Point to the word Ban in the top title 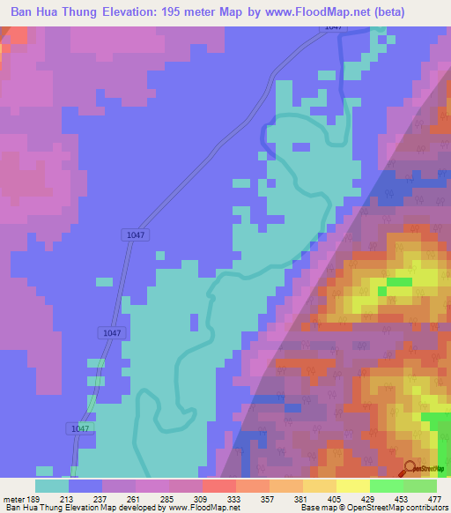pyautogui.click(x=25, y=11)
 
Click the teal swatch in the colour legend pyautogui.click(x=52, y=486)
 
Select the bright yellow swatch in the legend pyautogui.click(x=353, y=486)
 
